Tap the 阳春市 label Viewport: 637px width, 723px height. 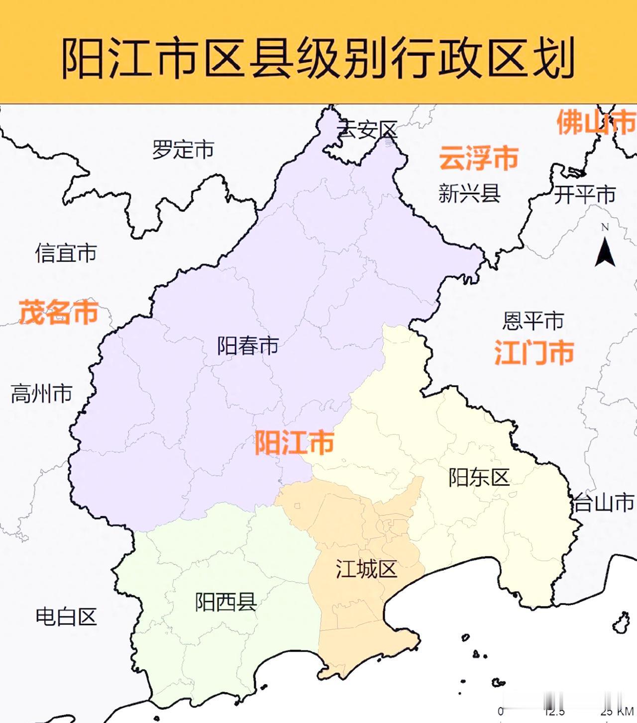pyautogui.click(x=247, y=346)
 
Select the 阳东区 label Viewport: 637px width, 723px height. pyautogui.click(x=479, y=478)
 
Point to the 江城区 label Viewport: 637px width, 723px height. pyautogui.click(x=366, y=569)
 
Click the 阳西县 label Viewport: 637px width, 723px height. pyautogui.click(x=226, y=602)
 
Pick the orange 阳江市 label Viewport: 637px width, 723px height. pyautogui.click(x=294, y=442)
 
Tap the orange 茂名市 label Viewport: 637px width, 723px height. pyautogui.click(x=59, y=312)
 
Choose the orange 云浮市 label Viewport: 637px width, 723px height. pyautogui.click(x=479, y=158)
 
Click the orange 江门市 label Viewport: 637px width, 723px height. pyautogui.click(x=534, y=352)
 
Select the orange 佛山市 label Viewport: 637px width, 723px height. pyautogui.click(x=596, y=122)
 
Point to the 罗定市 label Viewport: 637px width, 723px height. pyautogui.click(x=183, y=149)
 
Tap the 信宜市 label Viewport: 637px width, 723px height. pyautogui.click(x=66, y=253)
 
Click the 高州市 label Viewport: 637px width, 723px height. pyautogui.click(x=42, y=394)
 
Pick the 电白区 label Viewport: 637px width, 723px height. pyautogui.click(x=66, y=617)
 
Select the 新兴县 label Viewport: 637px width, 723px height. pyautogui.click(x=469, y=194)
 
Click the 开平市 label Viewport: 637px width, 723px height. pyautogui.click(x=585, y=195)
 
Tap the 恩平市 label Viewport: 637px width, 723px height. pyautogui.click(x=533, y=321)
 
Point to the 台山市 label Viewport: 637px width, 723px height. pyautogui.click(x=604, y=503)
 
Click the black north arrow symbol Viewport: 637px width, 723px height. pyautogui.click(x=605, y=251)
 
